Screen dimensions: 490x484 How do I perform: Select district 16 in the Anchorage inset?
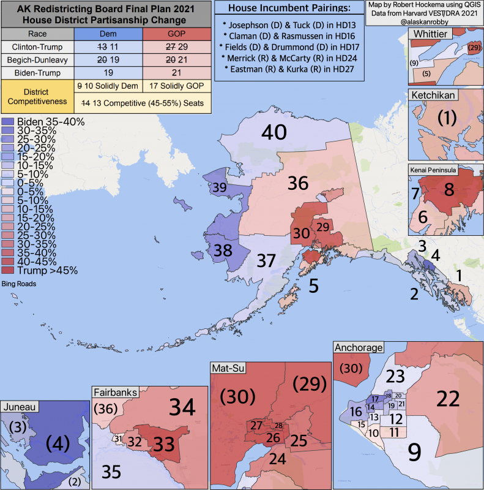coord(355,411)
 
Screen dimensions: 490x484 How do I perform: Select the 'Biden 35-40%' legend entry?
coord(50,122)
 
